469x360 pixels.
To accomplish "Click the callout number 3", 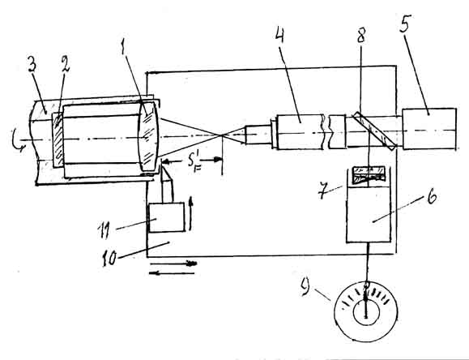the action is [x=32, y=63].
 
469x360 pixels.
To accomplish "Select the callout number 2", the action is [x=64, y=63].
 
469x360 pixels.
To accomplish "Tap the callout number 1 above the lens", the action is [x=123, y=47].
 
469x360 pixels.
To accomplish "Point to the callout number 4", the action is [x=279, y=32].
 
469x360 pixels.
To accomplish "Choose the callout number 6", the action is [x=432, y=197].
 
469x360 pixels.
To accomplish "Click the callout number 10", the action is [x=109, y=258].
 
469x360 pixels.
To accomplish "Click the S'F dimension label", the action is [x=194, y=164].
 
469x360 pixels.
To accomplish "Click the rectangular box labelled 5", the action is [x=429, y=129].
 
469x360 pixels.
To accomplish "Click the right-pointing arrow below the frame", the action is [x=173, y=264].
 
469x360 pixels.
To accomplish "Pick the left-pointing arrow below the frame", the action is [x=172, y=272].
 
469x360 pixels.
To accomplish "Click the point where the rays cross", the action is [x=222, y=135].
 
